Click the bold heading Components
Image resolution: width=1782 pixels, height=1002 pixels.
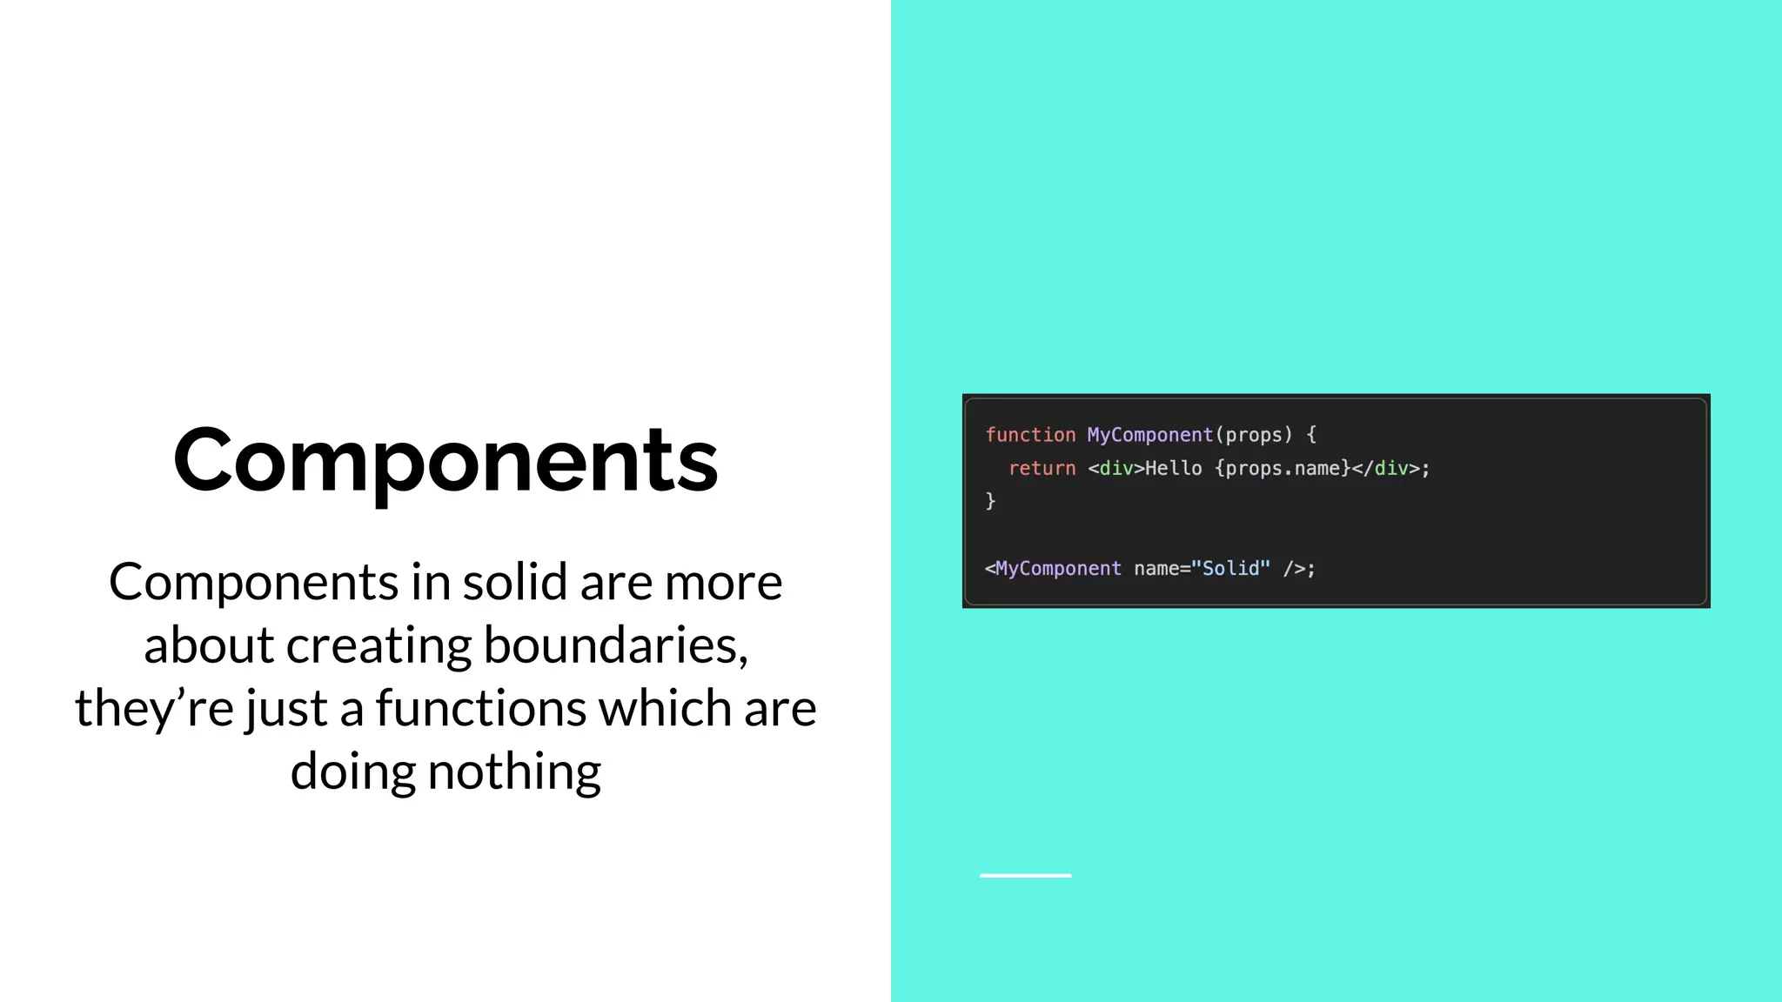tap(445, 461)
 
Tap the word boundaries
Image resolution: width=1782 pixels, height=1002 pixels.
tap(615, 645)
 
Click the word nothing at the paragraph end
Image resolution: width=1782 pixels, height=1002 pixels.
tap(514, 772)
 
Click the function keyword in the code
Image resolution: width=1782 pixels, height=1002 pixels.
tap(1030, 435)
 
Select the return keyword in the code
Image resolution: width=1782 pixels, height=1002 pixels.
tap(1042, 468)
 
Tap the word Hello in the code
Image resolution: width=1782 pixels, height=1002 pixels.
tap(1173, 468)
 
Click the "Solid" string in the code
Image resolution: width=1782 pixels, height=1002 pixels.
tap(1230, 568)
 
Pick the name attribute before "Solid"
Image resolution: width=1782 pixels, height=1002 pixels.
tap(1156, 568)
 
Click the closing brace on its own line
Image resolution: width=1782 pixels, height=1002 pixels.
tap(990, 501)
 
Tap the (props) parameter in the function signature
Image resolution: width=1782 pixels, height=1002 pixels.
tap(1253, 435)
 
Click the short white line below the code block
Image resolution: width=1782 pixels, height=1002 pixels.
tap(1025, 875)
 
